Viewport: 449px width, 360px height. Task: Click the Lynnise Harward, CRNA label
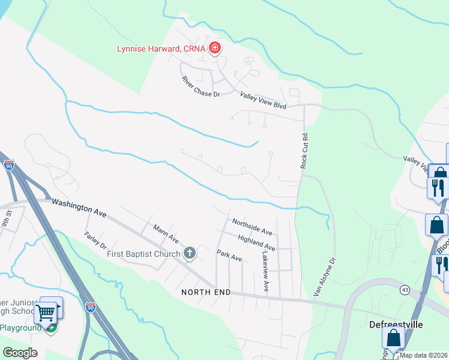161,48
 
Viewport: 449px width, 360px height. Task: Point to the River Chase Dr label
202,86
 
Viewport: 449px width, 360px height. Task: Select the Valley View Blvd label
263,100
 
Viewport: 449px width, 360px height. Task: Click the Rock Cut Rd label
305,151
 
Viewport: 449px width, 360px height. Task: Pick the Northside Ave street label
252,227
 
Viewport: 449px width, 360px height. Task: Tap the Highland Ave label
256,242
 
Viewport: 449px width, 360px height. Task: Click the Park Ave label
229,255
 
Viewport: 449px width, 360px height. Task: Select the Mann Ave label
166,234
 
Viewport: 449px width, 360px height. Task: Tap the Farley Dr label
95,241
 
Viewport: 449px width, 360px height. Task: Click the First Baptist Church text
143,254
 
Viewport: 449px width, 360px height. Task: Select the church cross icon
190,253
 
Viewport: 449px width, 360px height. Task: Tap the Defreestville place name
396,325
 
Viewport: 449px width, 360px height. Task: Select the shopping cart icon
46,311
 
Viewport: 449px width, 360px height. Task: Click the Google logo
20,353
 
